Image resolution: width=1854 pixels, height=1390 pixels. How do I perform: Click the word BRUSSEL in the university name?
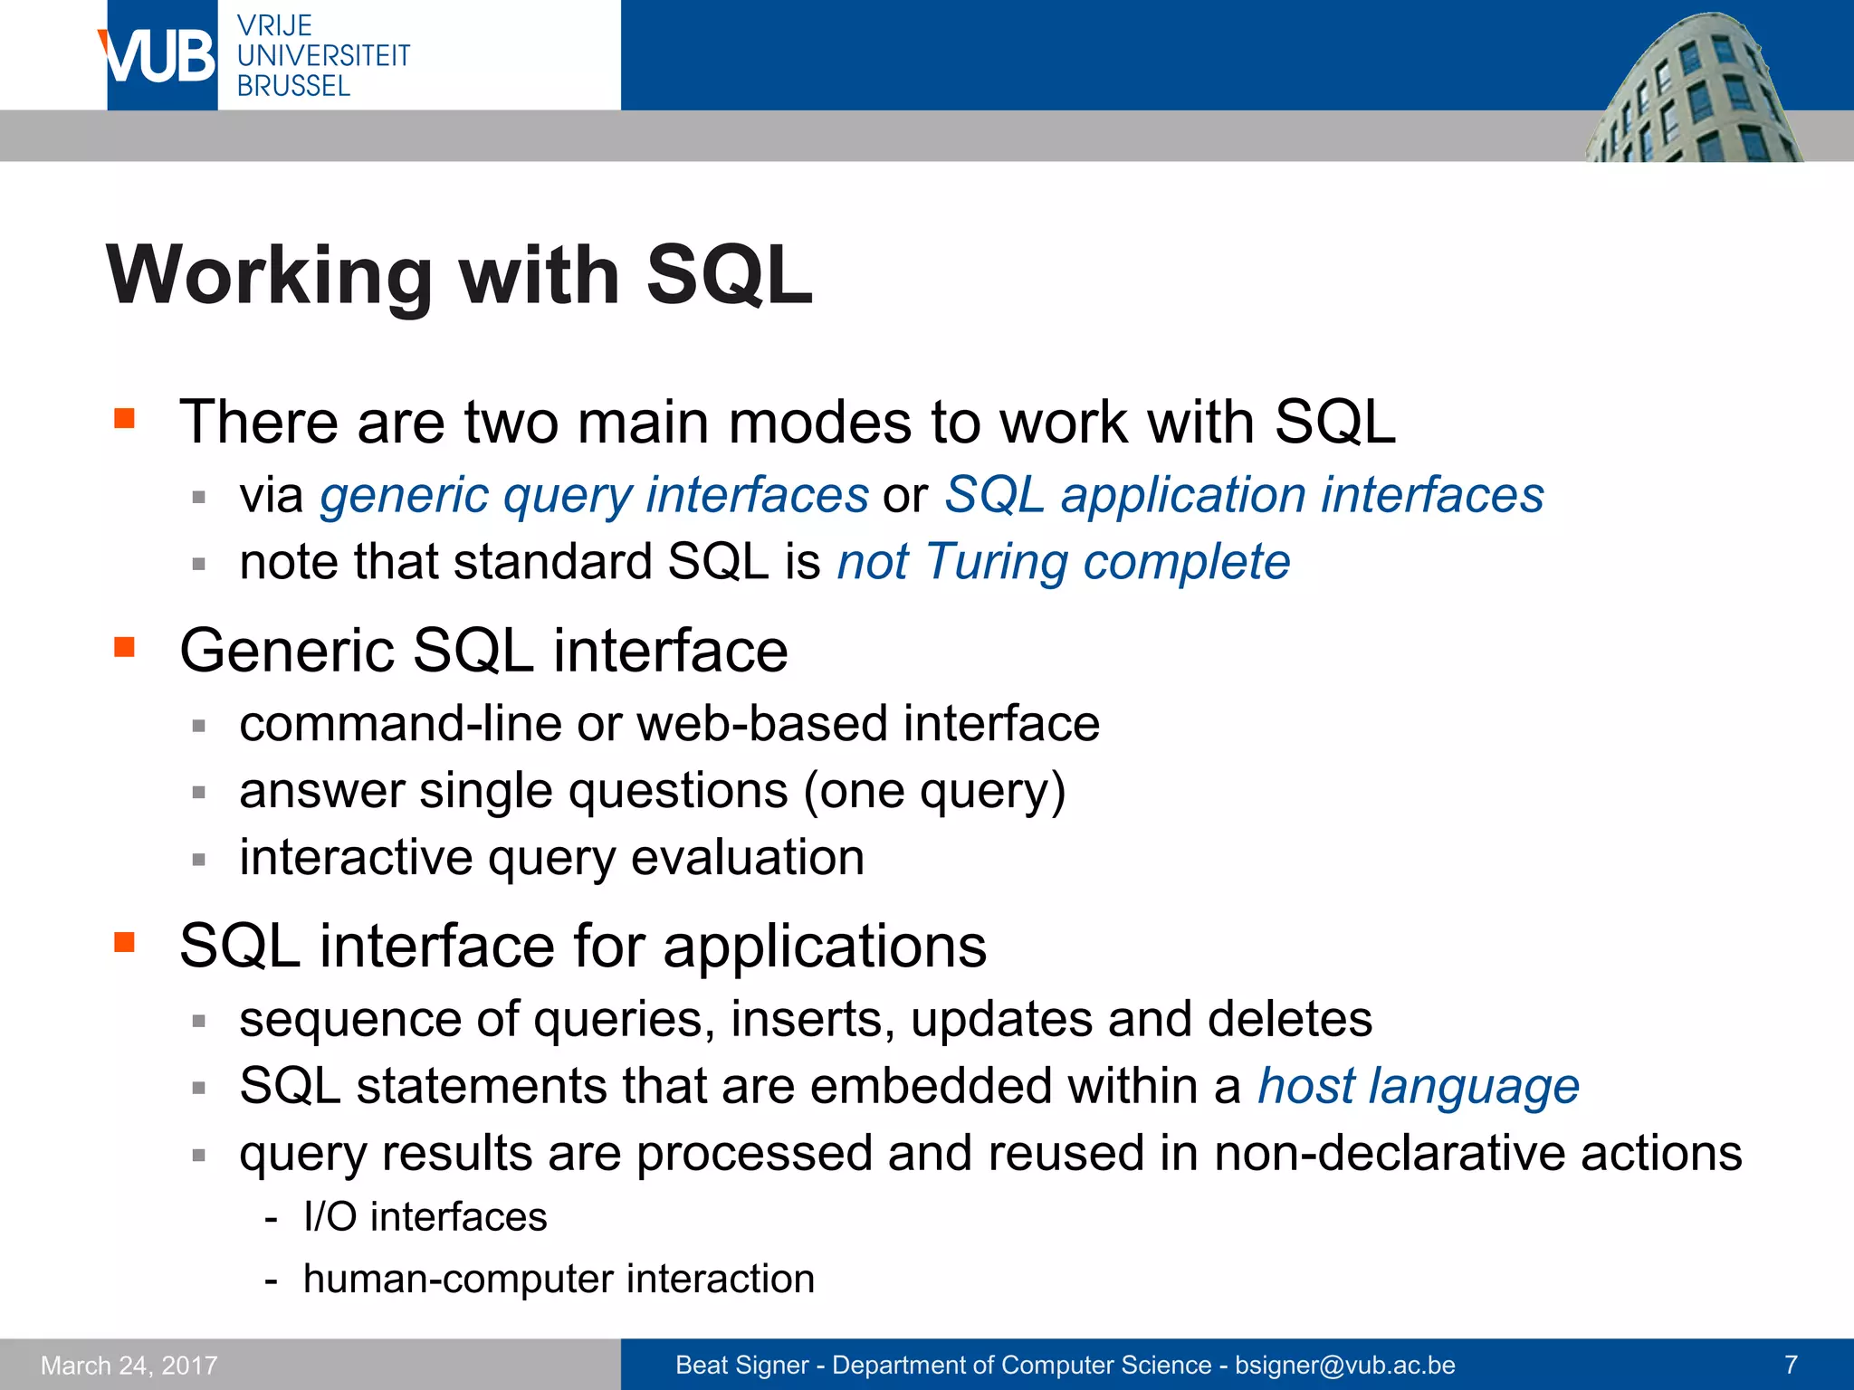293,87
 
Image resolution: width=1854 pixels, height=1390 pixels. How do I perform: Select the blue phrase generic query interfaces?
594,496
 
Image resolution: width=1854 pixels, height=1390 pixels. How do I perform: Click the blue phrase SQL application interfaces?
1244,496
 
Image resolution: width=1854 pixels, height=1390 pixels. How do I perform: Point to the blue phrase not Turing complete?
1063,562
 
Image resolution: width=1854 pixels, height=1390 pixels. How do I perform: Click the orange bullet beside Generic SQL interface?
124,647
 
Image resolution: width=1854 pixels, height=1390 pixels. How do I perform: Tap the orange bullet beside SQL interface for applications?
124,943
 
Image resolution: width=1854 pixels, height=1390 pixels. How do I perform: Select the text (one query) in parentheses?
934,792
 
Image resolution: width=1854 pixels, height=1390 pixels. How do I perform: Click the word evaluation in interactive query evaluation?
747,858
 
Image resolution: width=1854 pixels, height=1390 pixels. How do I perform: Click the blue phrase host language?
1418,1086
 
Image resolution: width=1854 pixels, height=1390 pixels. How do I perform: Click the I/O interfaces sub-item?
425,1217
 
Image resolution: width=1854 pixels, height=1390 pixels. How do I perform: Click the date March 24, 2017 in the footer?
129,1366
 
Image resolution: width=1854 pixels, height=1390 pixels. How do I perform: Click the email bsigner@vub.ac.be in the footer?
1344,1366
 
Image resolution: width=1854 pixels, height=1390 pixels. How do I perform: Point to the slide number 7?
1790,1365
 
